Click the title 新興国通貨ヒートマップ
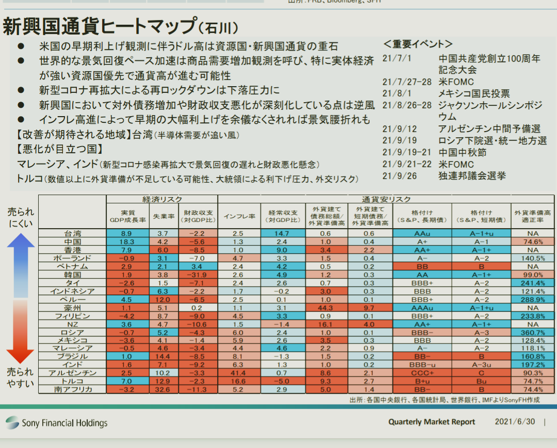[x=98, y=26]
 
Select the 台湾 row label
[x=73, y=234]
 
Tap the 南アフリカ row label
[x=73, y=390]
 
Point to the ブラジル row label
[x=73, y=357]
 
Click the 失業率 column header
[x=163, y=216]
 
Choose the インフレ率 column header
[x=238, y=216]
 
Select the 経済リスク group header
[x=162, y=199]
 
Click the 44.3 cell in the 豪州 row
[x=325, y=308]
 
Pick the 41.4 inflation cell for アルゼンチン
[x=238, y=373]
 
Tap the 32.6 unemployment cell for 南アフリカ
[x=163, y=390]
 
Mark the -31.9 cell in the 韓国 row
[x=199, y=275]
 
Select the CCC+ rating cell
[x=421, y=373]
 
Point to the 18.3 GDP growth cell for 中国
[x=127, y=242]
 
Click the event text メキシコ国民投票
[x=474, y=93]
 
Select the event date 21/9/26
[x=400, y=176]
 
